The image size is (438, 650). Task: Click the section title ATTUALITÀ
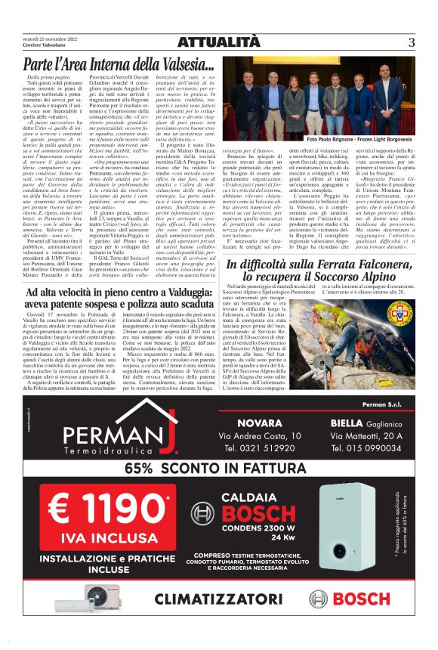(x=218, y=42)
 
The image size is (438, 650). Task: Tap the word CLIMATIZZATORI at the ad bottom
(x=220, y=599)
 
